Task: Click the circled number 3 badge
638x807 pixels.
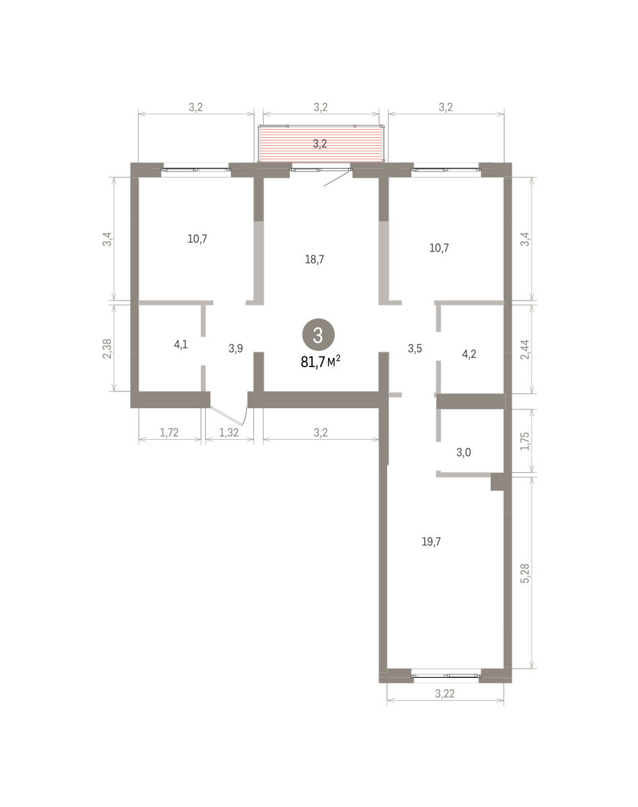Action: click(318, 334)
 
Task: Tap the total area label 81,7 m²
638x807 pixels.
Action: click(321, 362)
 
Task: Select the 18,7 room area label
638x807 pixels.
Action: click(315, 260)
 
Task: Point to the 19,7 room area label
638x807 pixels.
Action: click(431, 541)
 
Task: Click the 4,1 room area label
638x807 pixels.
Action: click(181, 344)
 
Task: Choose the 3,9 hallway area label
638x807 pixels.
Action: click(236, 348)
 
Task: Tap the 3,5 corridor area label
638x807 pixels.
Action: click(415, 348)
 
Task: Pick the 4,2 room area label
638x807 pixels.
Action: click(469, 354)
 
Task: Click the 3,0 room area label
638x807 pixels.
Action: click(464, 452)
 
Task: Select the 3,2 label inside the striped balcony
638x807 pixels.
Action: click(320, 144)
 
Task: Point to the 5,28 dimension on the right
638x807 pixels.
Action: click(525, 573)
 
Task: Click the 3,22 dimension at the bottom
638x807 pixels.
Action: click(445, 693)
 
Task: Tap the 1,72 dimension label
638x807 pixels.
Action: click(169, 432)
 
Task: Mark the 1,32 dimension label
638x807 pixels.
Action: click(229, 432)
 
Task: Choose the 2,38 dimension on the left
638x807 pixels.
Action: click(107, 348)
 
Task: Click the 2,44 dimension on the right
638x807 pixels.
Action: click(525, 349)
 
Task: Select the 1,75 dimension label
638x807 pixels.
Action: click(525, 441)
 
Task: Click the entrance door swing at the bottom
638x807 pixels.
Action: click(229, 416)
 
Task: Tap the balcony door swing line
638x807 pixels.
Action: click(337, 178)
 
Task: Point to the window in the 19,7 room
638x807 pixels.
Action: click(446, 676)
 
